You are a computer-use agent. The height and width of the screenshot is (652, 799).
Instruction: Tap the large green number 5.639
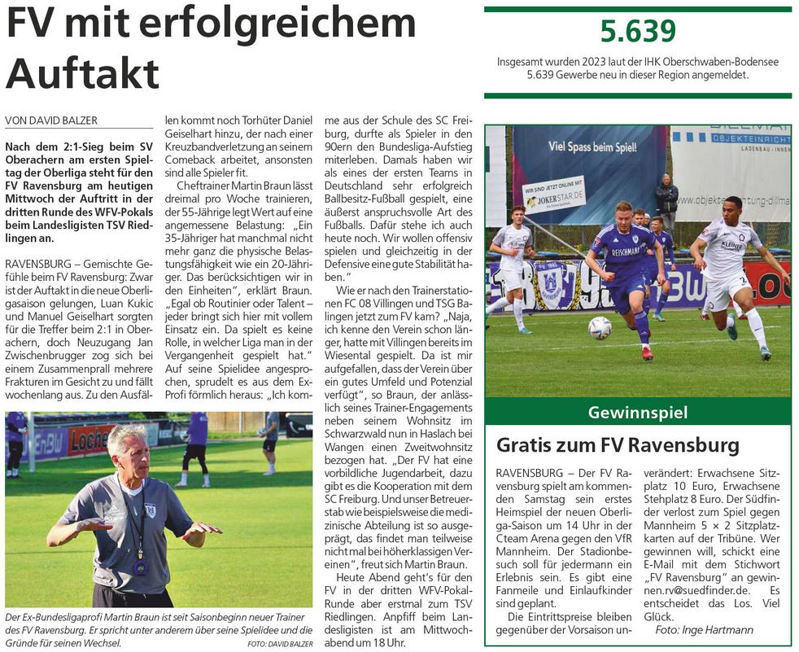coord(638,31)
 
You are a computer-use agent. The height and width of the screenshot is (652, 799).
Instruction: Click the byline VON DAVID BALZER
coord(51,120)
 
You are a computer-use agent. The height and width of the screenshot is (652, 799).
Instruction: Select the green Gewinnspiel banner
coord(637,413)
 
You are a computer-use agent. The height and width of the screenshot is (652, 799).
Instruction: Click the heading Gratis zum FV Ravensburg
coord(618,445)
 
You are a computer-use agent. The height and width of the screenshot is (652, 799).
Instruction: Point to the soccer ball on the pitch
coord(599,328)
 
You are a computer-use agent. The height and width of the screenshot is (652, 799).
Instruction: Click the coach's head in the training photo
coord(129,451)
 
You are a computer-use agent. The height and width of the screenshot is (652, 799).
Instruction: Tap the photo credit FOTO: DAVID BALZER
coord(280,644)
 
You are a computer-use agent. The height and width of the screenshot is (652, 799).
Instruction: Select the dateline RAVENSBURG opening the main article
coord(40,265)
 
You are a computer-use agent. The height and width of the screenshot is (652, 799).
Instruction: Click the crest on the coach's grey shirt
coord(150,511)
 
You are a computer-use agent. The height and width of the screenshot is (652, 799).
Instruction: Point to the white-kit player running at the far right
coord(731,269)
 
